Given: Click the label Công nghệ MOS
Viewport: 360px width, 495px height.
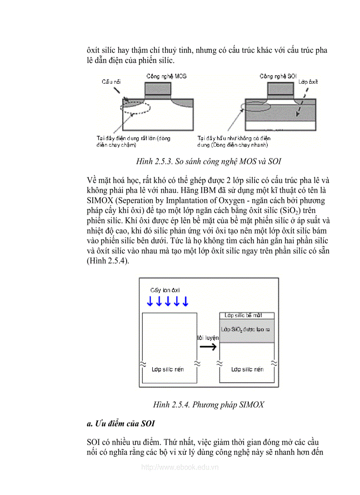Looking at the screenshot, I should [x=166, y=76].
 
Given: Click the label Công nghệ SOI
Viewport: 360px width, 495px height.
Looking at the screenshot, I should [x=278, y=76].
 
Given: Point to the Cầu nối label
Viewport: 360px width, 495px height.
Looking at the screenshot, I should [x=111, y=82].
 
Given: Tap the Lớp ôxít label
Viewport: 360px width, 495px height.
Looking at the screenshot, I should [x=308, y=82].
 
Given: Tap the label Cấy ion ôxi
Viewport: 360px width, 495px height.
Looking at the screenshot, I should [x=165, y=290].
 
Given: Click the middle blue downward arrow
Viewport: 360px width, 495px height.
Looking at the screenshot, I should [x=168, y=301].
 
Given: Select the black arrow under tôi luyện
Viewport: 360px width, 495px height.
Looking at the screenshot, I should [x=208, y=347].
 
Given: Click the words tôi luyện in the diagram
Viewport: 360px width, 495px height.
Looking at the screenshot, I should [x=208, y=337].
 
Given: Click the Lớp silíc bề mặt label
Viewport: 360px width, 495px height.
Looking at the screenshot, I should [x=247, y=316].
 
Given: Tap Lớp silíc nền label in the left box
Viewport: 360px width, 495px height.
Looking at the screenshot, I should [x=168, y=369].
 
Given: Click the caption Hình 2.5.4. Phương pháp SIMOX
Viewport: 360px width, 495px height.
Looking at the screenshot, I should [x=209, y=404].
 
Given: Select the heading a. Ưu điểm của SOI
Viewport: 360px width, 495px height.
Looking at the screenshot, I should [x=121, y=424].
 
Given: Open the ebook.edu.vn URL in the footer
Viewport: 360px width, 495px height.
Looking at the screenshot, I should [x=180, y=467].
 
